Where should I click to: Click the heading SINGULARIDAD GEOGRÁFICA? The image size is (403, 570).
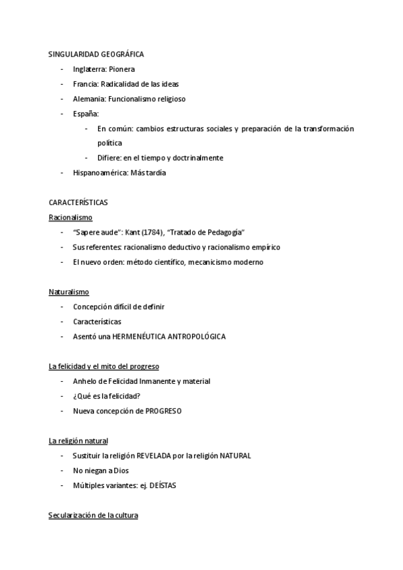[96, 54]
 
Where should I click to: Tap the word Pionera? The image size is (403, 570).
[122, 69]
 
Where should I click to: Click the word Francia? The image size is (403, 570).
[85, 84]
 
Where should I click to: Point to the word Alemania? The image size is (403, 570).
[89, 99]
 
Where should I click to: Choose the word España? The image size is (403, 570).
[86, 114]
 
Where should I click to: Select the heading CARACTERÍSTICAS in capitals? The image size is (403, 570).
[79, 202]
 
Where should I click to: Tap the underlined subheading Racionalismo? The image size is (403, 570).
[71, 218]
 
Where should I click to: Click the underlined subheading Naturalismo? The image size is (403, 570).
[69, 292]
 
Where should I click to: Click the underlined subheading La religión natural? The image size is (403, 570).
[78, 441]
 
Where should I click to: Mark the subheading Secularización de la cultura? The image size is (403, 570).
[93, 516]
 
